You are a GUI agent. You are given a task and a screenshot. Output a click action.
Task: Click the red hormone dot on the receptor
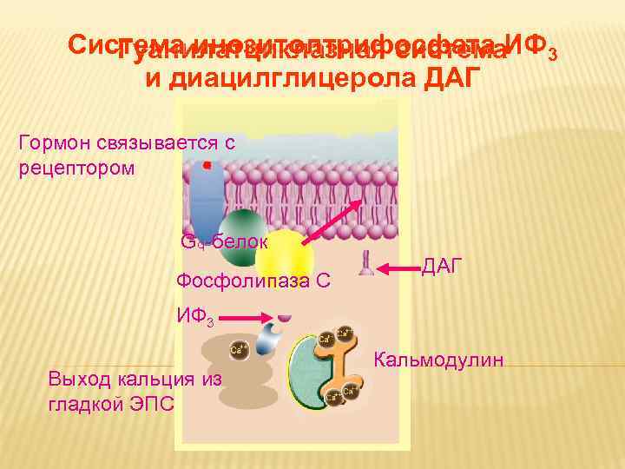(x=207, y=164)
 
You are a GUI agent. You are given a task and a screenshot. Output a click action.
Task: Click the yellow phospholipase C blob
(x=284, y=254)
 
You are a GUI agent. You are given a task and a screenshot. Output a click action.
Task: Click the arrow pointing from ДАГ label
(x=399, y=266)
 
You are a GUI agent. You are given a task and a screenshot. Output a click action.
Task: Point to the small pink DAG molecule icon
(x=366, y=264)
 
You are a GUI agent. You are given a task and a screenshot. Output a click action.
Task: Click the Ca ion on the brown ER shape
(x=235, y=350)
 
